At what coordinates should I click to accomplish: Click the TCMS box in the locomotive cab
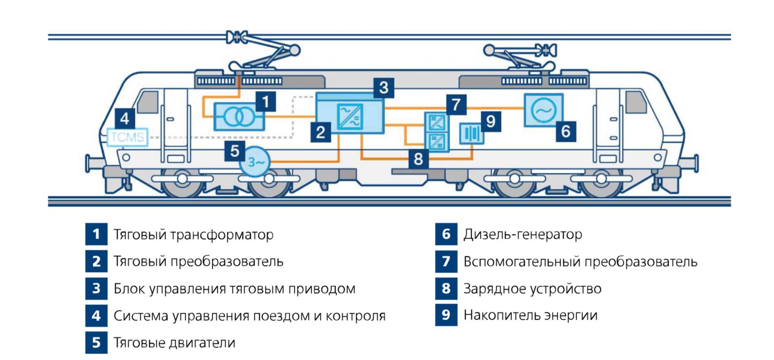pos(127,137)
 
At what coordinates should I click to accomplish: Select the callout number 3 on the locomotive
pos(384,87)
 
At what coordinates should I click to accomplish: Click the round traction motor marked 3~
pos(256,162)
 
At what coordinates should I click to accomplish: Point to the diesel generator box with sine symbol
pos(543,110)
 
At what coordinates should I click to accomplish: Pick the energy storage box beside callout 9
pos(472,134)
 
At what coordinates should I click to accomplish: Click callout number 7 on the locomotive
pos(456,104)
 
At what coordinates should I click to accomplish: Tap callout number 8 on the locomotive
pos(418,159)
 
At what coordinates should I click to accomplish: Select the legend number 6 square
pos(446,234)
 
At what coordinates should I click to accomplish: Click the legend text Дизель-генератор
pos(523,235)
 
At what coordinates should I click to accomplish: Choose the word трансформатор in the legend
pos(222,235)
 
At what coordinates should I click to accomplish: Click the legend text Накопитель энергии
pos(530,315)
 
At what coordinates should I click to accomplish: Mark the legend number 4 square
pos(96,316)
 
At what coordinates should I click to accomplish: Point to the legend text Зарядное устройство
pos(532,289)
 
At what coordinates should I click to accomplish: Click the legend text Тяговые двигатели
pos(174,343)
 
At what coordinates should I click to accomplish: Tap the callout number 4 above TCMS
pos(125,119)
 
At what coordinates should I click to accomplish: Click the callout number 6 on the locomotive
pos(566,131)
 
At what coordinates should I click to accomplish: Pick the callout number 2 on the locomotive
pos(321,132)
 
